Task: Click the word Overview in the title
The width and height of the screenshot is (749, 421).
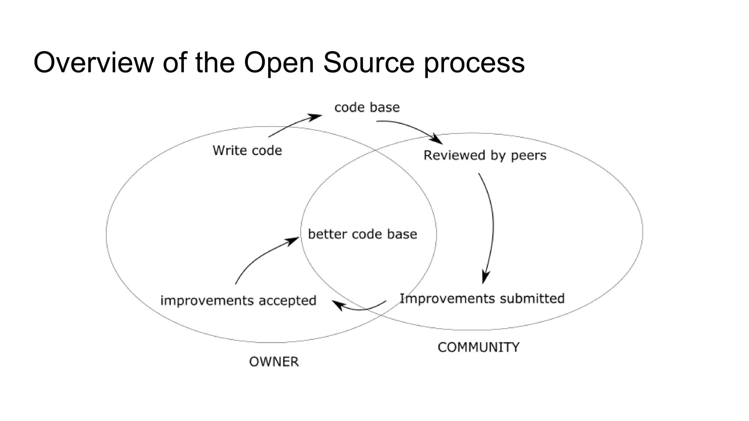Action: [x=94, y=63]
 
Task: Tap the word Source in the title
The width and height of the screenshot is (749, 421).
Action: [x=369, y=63]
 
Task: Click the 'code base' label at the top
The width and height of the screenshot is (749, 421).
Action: [x=367, y=107]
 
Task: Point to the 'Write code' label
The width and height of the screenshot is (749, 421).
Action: [x=247, y=151]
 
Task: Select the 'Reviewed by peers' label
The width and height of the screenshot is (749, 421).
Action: [x=485, y=155]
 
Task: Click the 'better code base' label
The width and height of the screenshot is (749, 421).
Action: [x=362, y=234]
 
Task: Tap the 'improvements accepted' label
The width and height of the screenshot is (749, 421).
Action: [x=238, y=301]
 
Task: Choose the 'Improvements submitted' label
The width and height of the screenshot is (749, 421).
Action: [x=482, y=299]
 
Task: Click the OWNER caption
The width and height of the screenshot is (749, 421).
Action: [x=274, y=362]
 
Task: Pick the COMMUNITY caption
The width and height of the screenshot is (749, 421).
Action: [x=478, y=347]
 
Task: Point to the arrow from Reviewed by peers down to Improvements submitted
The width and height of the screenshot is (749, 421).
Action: [x=491, y=227]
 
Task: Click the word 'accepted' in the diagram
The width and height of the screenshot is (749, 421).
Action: [x=287, y=301]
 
